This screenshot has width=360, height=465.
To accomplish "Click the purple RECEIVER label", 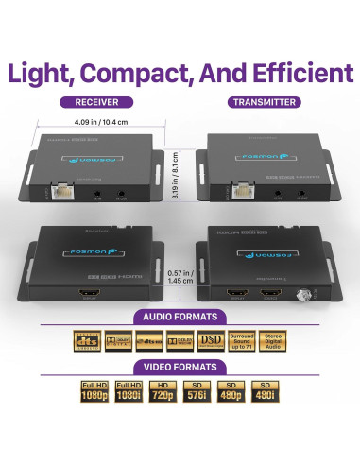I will [x=94, y=102].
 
